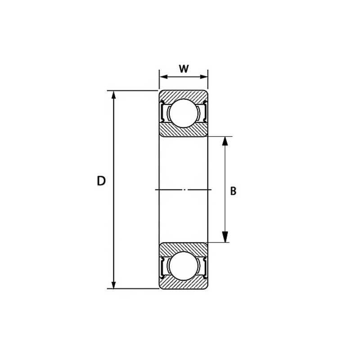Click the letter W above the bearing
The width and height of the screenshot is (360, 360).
point(184,69)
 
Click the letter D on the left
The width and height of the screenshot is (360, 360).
point(101,181)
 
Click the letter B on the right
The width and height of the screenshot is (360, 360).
point(233,191)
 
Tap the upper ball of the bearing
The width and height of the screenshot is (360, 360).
point(183,113)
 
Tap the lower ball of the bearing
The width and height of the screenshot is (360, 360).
point(183,266)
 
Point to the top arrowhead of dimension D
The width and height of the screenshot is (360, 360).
point(113,95)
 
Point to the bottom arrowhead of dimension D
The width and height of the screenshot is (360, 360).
point(113,285)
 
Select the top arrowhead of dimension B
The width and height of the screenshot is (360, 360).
point(225,141)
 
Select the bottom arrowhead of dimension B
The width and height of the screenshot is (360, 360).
point(225,238)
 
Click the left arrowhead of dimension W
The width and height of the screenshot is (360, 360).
point(163,76)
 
